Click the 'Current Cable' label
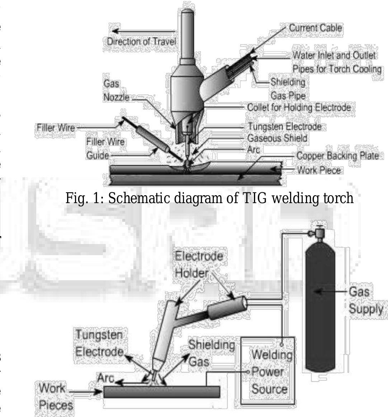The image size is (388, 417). [x=315, y=28]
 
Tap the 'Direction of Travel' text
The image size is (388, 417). [x=142, y=41]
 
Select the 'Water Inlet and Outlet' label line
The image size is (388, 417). [x=334, y=55]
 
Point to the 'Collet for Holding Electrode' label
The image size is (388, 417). [x=299, y=107]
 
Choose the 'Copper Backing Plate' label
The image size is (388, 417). [x=337, y=156]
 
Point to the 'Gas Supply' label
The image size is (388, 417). [x=365, y=300]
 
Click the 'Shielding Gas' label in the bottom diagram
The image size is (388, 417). [x=211, y=353]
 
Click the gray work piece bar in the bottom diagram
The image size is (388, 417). [x=161, y=392]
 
